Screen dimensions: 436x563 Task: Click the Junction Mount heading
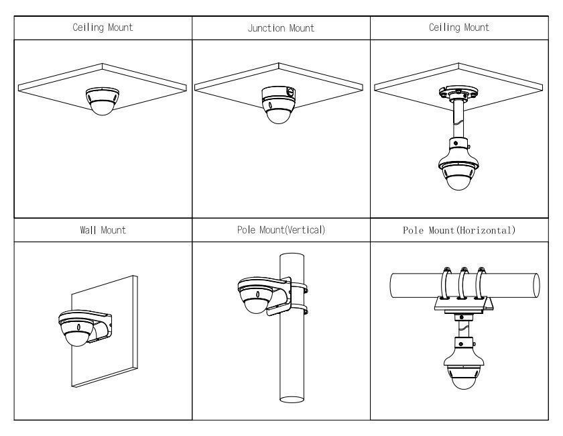(x=281, y=28)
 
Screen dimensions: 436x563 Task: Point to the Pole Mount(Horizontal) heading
(x=460, y=231)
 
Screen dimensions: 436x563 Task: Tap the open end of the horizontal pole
(x=535, y=284)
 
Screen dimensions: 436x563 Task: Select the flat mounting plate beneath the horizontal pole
(x=463, y=305)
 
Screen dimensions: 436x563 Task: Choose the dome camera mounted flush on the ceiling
(x=101, y=100)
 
